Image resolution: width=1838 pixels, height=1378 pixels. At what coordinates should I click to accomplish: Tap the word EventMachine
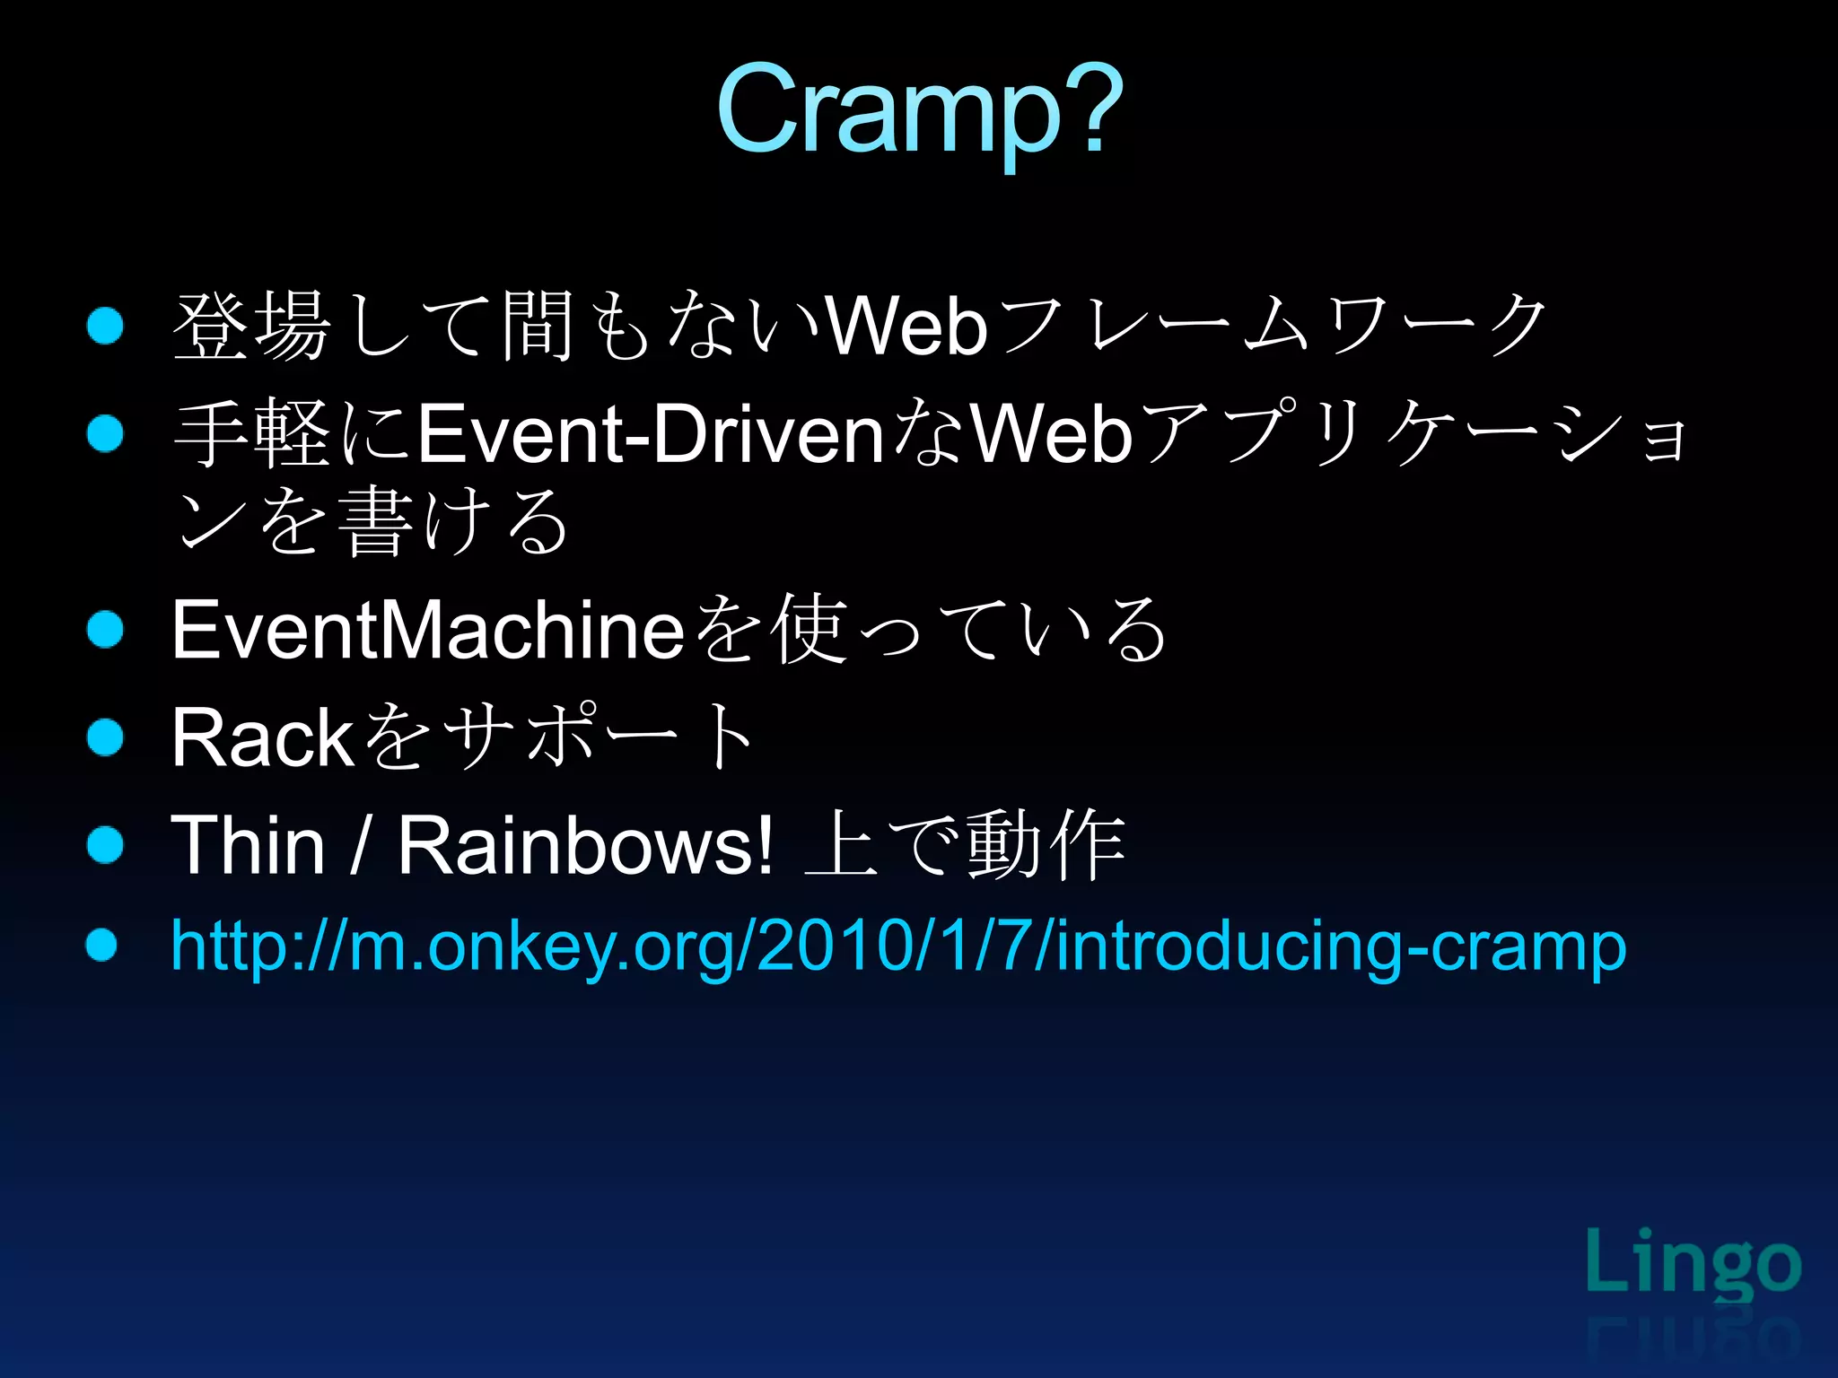(429, 630)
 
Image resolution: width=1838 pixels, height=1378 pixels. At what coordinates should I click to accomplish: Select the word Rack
(262, 737)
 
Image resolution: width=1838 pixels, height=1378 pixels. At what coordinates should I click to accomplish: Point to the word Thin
(248, 845)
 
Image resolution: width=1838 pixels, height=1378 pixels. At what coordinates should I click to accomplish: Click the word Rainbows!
(585, 845)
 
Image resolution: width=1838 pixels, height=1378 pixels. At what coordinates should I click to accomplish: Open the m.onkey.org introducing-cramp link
(897, 946)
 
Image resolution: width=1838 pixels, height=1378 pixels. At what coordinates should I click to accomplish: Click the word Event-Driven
(652, 434)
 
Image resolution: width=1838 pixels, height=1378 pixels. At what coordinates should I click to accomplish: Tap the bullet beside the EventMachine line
(105, 629)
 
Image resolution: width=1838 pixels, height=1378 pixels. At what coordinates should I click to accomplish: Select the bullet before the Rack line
(105, 737)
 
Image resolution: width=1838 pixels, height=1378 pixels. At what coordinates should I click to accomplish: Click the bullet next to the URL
(102, 945)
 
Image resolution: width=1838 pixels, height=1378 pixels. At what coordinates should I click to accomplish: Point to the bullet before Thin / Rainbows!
(105, 844)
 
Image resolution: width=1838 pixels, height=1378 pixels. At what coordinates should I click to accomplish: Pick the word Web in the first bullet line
(906, 327)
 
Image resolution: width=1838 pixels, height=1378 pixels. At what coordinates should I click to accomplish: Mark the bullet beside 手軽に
(105, 434)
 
